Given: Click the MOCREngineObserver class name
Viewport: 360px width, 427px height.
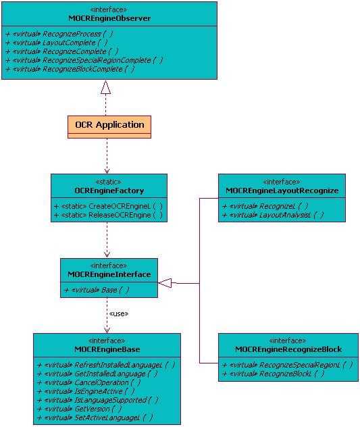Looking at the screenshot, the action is (x=109, y=18).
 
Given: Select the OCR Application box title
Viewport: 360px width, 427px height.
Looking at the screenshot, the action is (x=109, y=125).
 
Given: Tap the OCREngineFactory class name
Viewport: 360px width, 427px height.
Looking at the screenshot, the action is (x=109, y=191).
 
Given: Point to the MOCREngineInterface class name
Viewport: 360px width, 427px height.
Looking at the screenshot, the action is (x=109, y=274).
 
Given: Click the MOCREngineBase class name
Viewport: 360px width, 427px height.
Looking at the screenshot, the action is (x=107, y=349).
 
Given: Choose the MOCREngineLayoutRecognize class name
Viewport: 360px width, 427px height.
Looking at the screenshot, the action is (x=282, y=191).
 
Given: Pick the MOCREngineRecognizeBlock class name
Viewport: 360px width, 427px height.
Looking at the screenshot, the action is (x=288, y=349).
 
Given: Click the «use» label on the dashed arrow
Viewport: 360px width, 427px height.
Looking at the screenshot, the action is (x=119, y=313).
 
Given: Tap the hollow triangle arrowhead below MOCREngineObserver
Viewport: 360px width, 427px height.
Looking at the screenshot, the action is (x=105, y=87).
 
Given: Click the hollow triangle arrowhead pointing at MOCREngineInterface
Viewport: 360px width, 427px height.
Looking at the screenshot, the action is (x=165, y=283).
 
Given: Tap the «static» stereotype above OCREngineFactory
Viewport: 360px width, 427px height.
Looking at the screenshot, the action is (x=108, y=182).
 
